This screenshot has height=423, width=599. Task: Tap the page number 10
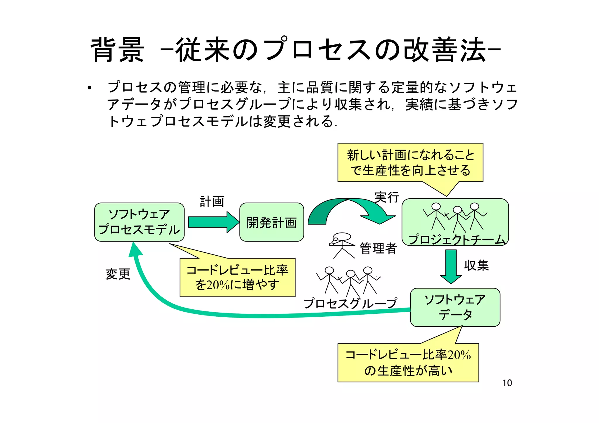click(x=507, y=383)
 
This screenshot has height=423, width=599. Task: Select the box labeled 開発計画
click(x=271, y=222)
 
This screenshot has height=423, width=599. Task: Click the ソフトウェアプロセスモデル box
click(x=139, y=222)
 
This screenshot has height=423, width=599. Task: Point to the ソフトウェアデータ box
click(x=455, y=307)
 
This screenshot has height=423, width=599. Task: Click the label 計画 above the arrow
click(x=212, y=202)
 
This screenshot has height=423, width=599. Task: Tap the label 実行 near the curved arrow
click(x=387, y=197)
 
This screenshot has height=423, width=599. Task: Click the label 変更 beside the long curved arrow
click(x=118, y=274)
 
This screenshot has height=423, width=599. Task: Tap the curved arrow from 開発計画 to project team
click(x=351, y=209)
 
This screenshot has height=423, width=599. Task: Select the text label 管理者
click(x=378, y=248)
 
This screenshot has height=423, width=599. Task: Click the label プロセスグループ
click(x=350, y=304)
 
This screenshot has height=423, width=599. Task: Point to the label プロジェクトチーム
click(x=456, y=240)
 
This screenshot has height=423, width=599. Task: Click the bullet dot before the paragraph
click(x=89, y=88)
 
